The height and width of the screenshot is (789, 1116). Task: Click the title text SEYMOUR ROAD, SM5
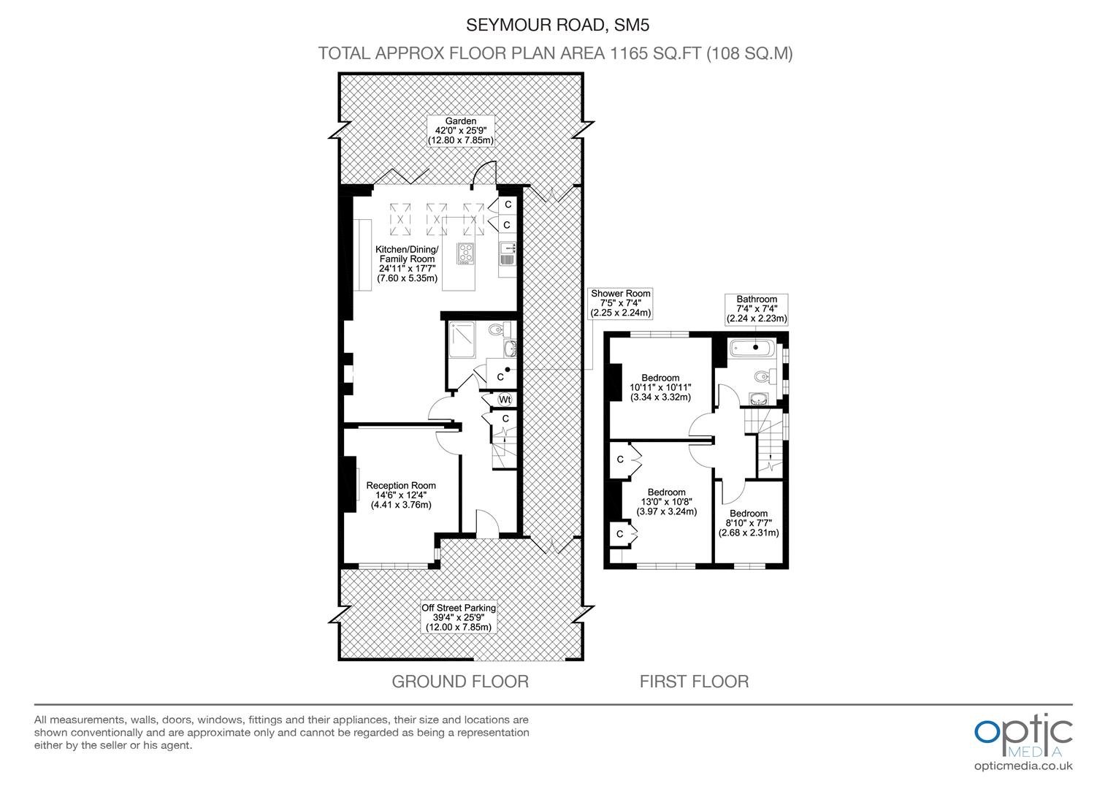(557, 25)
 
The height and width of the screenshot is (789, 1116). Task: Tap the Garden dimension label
(461, 131)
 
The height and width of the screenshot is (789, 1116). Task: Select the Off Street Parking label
(459, 617)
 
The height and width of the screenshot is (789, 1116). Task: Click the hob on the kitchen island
(466, 254)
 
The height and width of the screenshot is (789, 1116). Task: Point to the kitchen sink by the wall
(507, 254)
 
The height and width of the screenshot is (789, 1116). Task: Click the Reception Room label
(401, 495)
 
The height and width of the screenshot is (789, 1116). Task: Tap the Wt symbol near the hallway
(505, 399)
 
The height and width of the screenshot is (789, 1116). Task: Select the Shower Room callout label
(621, 303)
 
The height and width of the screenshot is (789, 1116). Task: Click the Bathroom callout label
(757, 309)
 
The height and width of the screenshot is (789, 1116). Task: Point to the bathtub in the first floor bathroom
(753, 348)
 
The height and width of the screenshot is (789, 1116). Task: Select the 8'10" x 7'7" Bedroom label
(749, 523)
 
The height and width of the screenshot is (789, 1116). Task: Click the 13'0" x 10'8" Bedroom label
(667, 501)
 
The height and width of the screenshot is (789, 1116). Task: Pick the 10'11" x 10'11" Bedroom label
(661, 387)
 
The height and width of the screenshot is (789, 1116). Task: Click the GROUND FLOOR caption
(460, 682)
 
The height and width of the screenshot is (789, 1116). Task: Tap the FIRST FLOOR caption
(694, 682)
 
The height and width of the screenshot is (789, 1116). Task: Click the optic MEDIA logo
(1023, 736)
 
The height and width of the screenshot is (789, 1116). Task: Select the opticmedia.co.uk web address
(1023, 766)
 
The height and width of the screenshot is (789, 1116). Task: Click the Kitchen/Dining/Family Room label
(407, 264)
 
